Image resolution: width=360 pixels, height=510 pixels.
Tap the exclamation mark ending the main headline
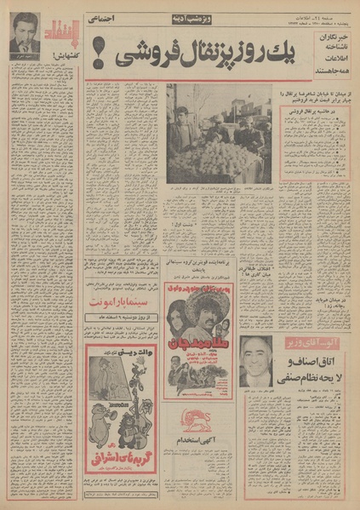point(97,60)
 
